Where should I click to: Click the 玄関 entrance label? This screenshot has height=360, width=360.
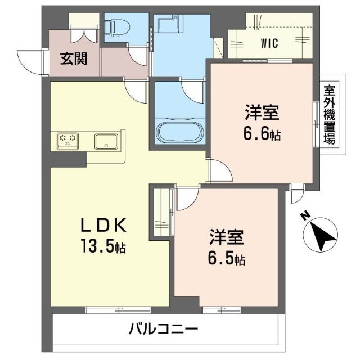74,58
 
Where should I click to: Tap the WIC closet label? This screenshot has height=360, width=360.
269,43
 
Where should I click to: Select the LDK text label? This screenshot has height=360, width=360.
103,225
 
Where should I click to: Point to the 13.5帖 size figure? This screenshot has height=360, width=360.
103,246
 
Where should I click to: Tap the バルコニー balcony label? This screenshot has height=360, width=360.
164,328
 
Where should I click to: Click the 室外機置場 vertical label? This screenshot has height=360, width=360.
330,114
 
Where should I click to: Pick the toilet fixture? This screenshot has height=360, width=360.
117,28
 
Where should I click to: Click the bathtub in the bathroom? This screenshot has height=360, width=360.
181,132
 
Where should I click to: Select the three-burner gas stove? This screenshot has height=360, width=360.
67,141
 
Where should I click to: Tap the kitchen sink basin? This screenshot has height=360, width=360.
106,141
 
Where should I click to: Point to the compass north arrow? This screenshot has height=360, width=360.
321,235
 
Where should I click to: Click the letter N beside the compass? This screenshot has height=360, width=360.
305,216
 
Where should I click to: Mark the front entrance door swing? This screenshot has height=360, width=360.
30,62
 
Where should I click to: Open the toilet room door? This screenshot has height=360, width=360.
137,56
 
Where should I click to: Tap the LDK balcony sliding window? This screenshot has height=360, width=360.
118,310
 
